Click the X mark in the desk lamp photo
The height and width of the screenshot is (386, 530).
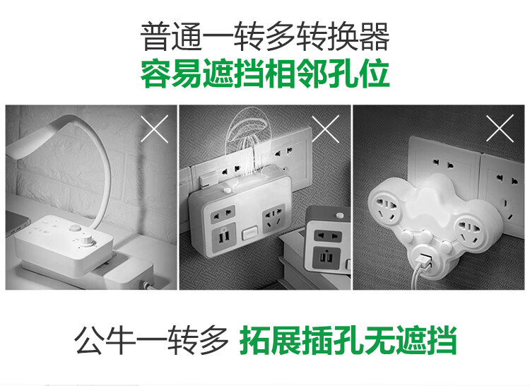[155, 129]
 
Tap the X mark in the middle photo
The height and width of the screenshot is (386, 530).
[326, 129]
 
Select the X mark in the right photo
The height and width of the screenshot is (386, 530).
[500, 128]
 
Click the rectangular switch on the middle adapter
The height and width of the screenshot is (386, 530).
[249, 233]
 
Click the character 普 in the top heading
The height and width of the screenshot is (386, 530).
[156, 37]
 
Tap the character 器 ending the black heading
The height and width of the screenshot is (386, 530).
[374, 37]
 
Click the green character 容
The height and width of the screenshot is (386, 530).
[156, 74]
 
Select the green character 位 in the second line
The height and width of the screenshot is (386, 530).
[374, 74]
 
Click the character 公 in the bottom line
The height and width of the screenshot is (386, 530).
[88, 339]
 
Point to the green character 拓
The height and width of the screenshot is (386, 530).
[254, 339]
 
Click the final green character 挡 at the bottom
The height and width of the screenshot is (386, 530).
[441, 339]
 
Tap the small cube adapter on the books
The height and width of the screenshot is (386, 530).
[327, 240]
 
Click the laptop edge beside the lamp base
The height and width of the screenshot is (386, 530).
[18, 223]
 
